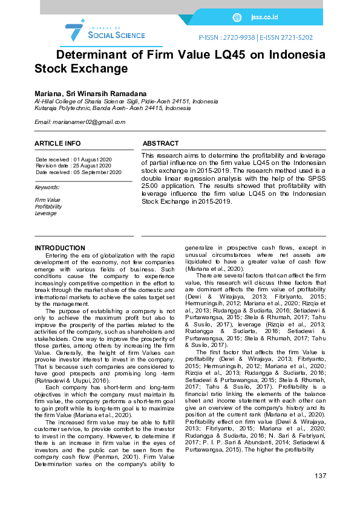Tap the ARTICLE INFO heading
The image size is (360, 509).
(57, 143)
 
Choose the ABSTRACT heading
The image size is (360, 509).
(160, 143)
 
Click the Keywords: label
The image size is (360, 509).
(47, 187)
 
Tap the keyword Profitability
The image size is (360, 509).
(48, 207)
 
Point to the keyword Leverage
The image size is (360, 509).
(45, 213)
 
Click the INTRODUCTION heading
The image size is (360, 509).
(60, 248)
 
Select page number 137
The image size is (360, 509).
(320, 476)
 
